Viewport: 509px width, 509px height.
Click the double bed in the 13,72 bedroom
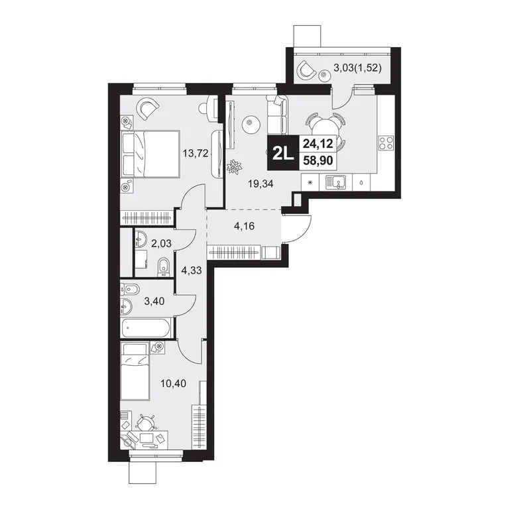click(151, 154)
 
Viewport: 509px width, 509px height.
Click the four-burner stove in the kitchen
click(386, 143)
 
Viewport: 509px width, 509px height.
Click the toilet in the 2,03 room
click(161, 267)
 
